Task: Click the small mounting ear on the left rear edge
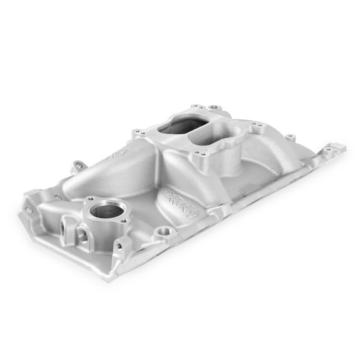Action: coord(78,166)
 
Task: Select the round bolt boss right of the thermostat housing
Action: coord(165,232)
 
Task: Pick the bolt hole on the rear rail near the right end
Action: coord(289,135)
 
